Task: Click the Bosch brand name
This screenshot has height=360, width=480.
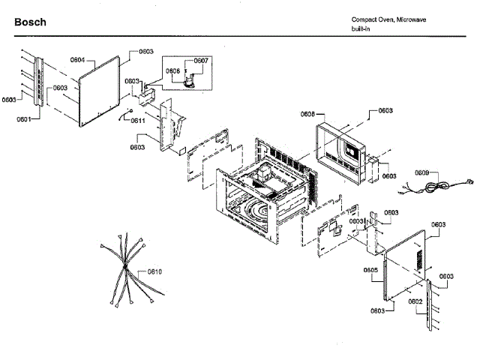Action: click(30, 22)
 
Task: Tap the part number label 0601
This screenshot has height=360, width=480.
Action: click(25, 118)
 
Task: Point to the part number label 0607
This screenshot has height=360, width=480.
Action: click(201, 61)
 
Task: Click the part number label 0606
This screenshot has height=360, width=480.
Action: click(172, 70)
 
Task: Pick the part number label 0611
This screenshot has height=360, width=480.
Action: click(137, 120)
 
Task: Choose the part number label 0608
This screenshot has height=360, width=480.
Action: click(307, 114)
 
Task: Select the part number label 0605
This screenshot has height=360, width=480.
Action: click(370, 270)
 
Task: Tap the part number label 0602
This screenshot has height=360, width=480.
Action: click(415, 301)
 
